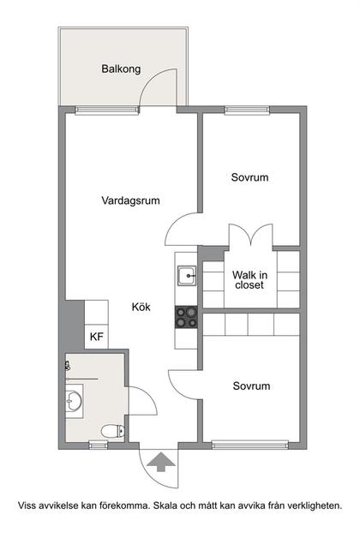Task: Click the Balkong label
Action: pyautogui.click(x=121, y=69)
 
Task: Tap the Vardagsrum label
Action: pyautogui.click(x=130, y=200)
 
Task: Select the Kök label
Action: pyautogui.click(x=141, y=307)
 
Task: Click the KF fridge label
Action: pyautogui.click(x=97, y=337)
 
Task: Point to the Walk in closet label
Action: pyautogui.click(x=249, y=279)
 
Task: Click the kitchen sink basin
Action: pyautogui.click(x=187, y=275)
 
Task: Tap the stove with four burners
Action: pyautogui.click(x=186, y=317)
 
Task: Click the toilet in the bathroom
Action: pyautogui.click(x=113, y=431)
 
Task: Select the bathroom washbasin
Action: pyautogui.click(x=74, y=401)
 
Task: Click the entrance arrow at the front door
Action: pyautogui.click(x=161, y=462)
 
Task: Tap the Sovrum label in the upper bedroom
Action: pyautogui.click(x=249, y=177)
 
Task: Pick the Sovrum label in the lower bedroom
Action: pyautogui.click(x=251, y=386)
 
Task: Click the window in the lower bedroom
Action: pyautogui.click(x=250, y=445)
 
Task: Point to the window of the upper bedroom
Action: pyautogui.click(x=247, y=111)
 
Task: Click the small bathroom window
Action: pyautogui.click(x=99, y=445)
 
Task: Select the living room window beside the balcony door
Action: pyautogui.click(x=107, y=111)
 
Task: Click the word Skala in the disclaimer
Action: pyautogui.click(x=165, y=505)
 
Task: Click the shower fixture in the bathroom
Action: pyautogui.click(x=67, y=367)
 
